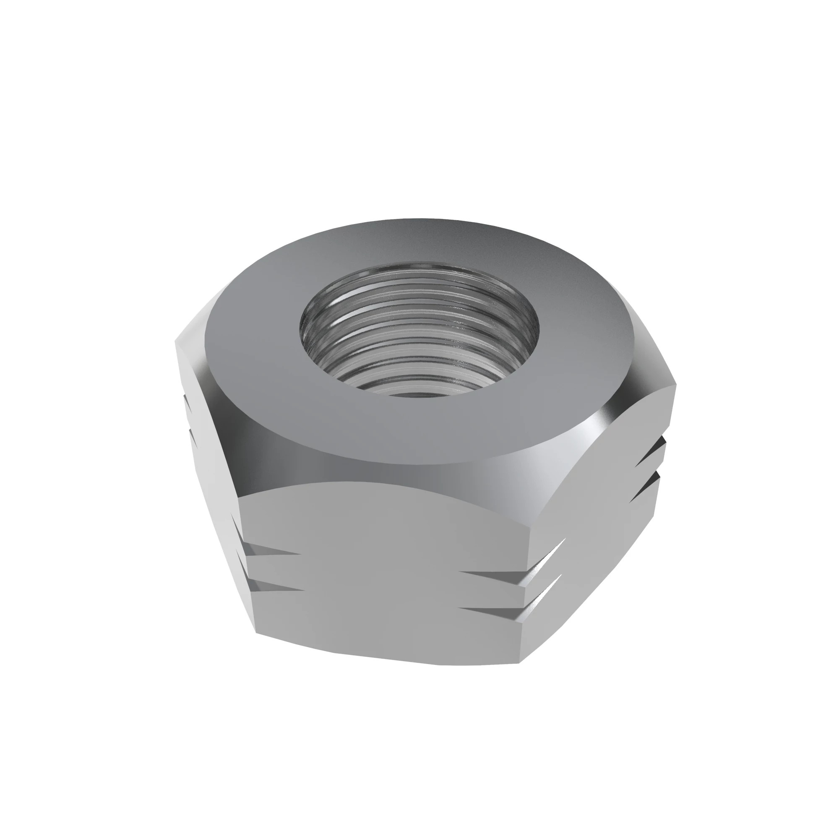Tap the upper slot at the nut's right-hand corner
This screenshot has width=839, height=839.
(x=647, y=459)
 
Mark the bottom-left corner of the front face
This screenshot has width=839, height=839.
(x=256, y=633)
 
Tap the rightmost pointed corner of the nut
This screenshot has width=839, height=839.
(x=676, y=385)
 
